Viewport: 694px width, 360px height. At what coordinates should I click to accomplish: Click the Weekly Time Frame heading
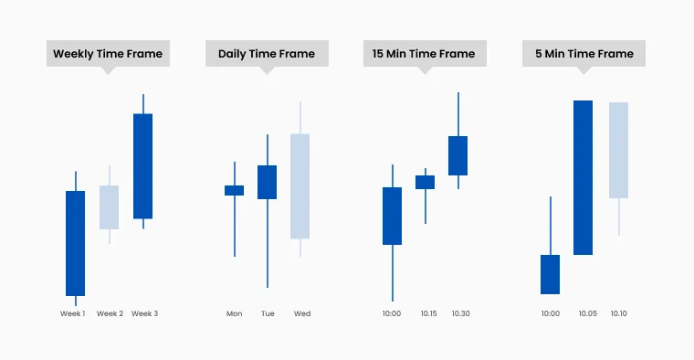click(x=108, y=54)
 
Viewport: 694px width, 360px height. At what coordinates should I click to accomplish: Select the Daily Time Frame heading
click(x=267, y=54)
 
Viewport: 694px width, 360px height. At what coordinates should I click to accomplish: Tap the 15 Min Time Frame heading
click(x=424, y=54)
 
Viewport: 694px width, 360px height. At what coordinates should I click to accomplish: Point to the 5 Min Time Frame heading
click(x=584, y=54)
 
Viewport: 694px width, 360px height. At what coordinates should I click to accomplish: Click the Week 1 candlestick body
click(x=75, y=243)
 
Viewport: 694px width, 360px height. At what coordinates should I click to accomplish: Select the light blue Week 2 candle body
click(x=110, y=207)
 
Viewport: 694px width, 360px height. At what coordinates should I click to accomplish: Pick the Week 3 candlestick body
click(x=143, y=166)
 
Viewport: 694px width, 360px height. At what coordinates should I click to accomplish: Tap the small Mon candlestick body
click(x=235, y=191)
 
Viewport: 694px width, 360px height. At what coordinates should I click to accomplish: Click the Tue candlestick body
click(x=268, y=183)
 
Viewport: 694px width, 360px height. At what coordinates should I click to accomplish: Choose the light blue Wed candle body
click(x=300, y=186)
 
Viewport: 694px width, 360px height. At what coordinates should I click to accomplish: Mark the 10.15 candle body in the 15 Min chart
click(x=426, y=183)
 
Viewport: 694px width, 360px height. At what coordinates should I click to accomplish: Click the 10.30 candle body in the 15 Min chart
click(x=457, y=156)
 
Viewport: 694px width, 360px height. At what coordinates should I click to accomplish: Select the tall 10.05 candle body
click(x=584, y=177)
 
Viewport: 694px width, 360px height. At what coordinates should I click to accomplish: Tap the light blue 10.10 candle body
click(x=618, y=150)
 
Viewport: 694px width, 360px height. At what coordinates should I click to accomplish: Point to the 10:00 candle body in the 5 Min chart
click(x=551, y=274)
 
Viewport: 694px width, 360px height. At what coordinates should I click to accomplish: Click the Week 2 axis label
click(x=110, y=313)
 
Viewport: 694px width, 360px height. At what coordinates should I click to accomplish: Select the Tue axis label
click(x=268, y=313)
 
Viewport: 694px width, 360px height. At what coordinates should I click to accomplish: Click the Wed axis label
click(x=302, y=313)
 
